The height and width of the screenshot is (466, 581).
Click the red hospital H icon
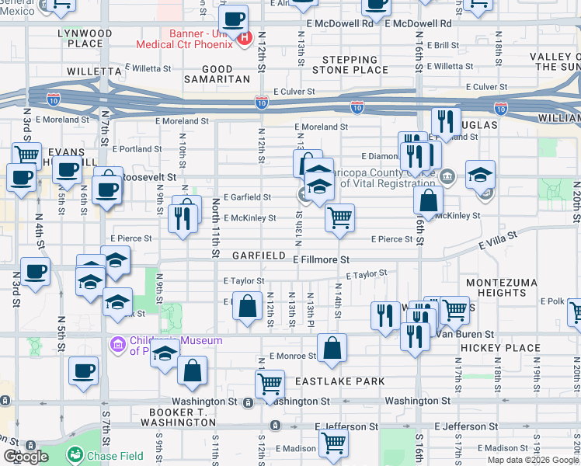pyautogui.click(x=245, y=38)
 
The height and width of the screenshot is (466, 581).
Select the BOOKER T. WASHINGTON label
pyautogui.click(x=176, y=416)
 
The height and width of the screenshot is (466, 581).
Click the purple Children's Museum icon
pyautogui.click(x=118, y=343)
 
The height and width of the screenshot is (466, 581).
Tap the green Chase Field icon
pyautogui.click(x=75, y=456)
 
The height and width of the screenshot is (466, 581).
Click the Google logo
pyautogui.click(x=26, y=457)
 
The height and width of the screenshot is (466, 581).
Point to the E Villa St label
pyautogui.click(x=498, y=240)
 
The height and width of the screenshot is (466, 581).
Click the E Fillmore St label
pyautogui.click(x=321, y=259)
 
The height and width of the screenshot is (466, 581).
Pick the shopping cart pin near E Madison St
pyautogui.click(x=334, y=442)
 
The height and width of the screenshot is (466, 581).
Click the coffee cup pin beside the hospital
pyautogui.click(x=232, y=19)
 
